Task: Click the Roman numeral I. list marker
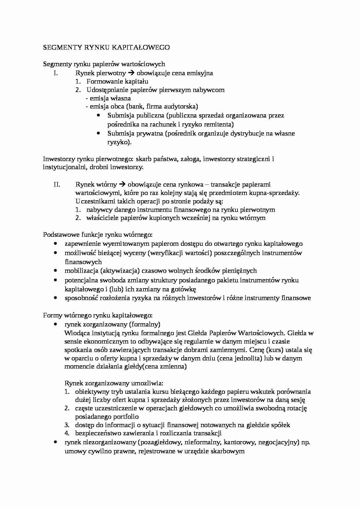coord(56,73)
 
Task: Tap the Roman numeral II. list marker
coord(57,184)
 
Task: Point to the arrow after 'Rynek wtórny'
coord(122,184)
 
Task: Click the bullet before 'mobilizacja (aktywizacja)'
coord(55,270)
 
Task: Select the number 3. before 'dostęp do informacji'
coord(67,425)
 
